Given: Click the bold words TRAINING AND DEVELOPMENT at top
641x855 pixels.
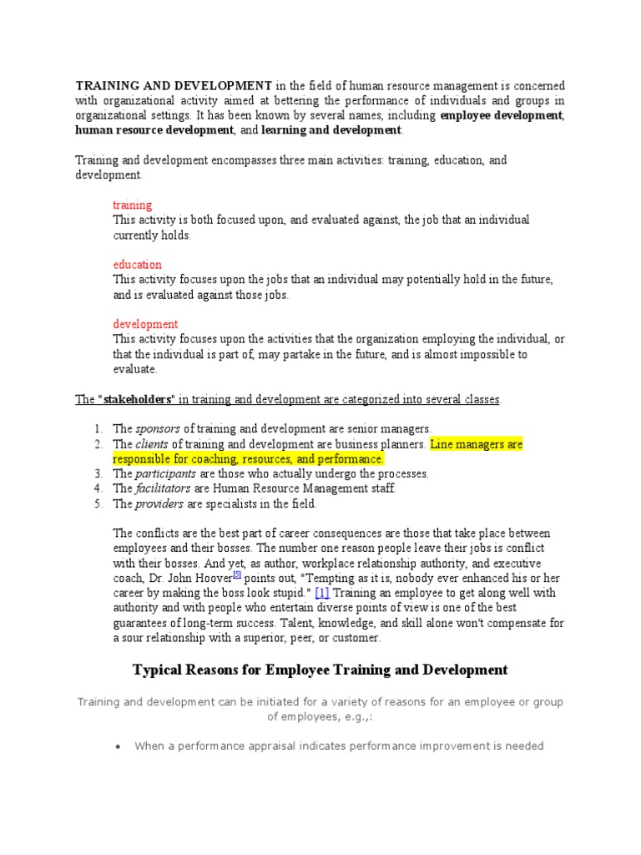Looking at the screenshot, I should click(174, 86).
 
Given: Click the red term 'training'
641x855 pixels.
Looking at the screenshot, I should click(132, 205).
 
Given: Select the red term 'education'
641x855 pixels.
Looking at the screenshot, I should click(137, 265).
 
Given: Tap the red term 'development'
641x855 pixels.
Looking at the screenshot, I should click(145, 324).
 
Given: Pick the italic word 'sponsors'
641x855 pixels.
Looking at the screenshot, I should click(158, 429).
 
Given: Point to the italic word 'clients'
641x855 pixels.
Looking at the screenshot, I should click(152, 444).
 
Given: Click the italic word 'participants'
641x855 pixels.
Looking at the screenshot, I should click(167, 473).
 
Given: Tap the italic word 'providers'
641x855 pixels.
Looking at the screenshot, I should click(160, 503).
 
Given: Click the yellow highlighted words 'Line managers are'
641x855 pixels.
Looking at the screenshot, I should click(476, 444).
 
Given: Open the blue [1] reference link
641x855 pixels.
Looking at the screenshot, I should click(322, 593).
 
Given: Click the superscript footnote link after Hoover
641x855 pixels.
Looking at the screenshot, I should click(237, 574).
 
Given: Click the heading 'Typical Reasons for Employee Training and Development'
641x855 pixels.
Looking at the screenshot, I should click(320, 670).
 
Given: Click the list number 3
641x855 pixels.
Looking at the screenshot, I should click(98, 473).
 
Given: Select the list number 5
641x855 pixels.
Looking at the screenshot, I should click(98, 503).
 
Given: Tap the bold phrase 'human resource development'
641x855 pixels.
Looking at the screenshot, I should click(154, 131).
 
